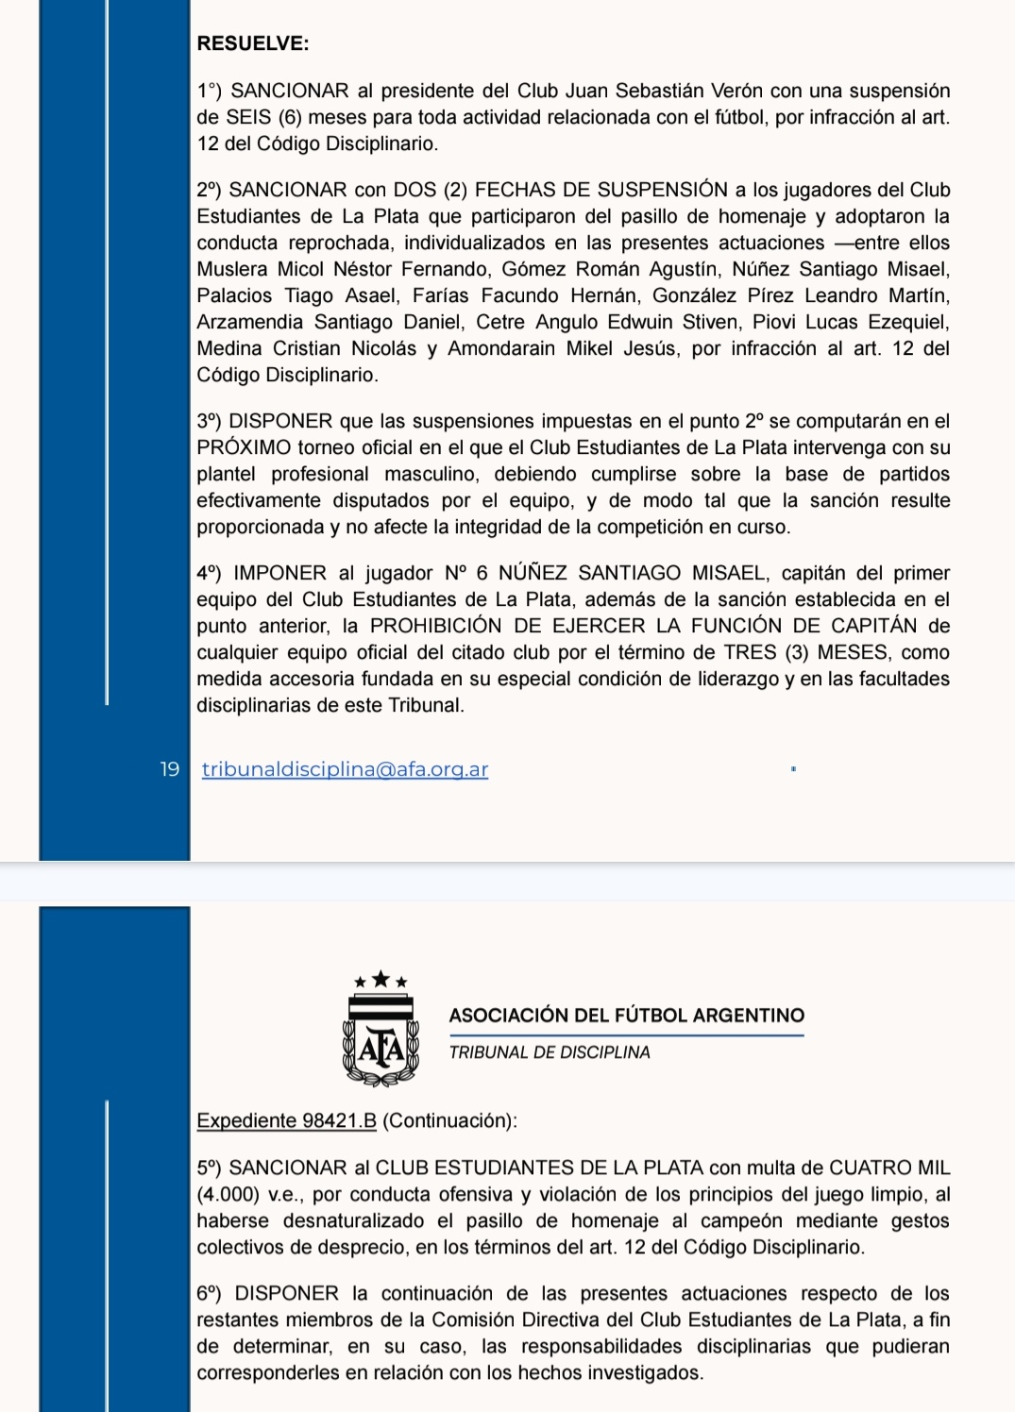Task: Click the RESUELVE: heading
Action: tap(252, 43)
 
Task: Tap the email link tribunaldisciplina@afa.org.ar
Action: tap(345, 769)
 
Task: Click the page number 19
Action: tap(170, 769)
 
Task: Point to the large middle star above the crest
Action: tap(381, 979)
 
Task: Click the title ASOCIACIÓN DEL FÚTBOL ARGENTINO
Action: tap(626, 1016)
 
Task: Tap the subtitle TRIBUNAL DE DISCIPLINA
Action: tap(550, 1052)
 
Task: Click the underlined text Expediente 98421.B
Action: tap(286, 1120)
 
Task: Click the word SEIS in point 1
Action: tap(246, 117)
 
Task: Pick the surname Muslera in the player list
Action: tap(232, 269)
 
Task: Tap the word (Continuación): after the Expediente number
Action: tap(449, 1120)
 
